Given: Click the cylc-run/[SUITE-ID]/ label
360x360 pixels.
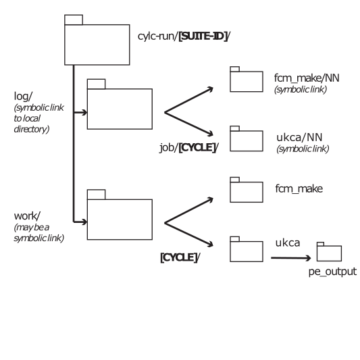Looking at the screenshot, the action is tap(184, 36).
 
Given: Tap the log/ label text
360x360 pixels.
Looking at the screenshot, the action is tap(23, 96).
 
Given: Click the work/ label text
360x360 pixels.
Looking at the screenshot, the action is tap(27, 216).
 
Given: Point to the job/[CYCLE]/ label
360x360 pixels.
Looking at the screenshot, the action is tap(189, 147).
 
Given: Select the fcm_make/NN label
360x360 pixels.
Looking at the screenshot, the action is tap(307, 78).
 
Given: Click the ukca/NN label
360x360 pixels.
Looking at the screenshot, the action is tap(299, 137).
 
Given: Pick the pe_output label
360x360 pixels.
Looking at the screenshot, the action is tap(332, 272).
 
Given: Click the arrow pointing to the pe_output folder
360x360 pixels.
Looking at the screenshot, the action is tap(291, 258).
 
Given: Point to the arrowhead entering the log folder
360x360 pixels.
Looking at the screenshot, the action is tap(84, 113).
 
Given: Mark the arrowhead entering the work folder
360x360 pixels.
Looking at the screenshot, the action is tap(84, 222).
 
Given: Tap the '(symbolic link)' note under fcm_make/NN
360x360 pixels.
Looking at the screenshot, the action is tap(301, 90).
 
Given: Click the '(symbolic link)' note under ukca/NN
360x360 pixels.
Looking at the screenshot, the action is tap(303, 149).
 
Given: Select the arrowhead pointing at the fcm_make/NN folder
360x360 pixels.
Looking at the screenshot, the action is tap(210, 88).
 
